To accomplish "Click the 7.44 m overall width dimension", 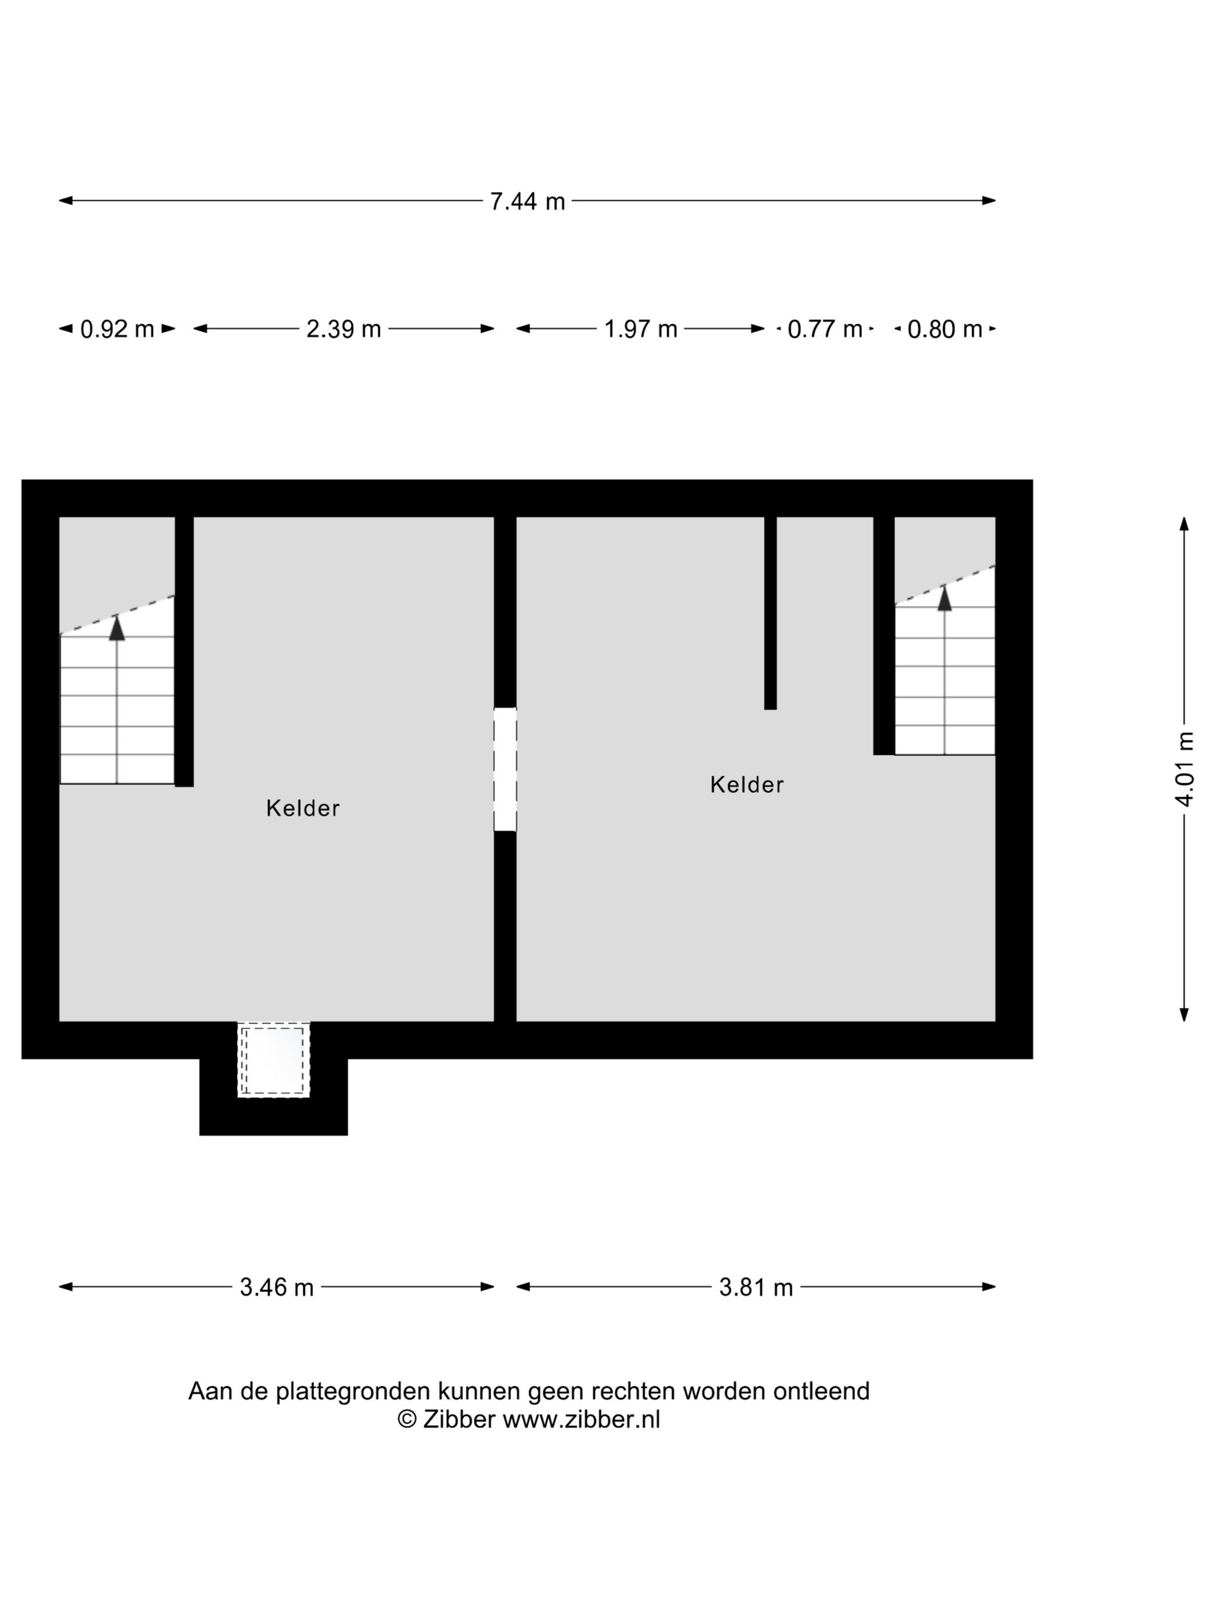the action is [x=527, y=201].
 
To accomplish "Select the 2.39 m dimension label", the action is [x=344, y=329].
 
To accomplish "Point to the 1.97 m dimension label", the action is [x=640, y=329].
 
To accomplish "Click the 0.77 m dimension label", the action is [x=824, y=329].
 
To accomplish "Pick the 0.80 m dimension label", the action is [x=945, y=329].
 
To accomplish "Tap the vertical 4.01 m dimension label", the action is [x=1184, y=769].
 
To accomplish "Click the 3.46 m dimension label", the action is [x=277, y=1287].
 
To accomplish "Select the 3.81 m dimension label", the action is [x=756, y=1287].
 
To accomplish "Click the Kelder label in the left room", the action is [x=303, y=808].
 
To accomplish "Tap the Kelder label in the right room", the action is [x=747, y=785].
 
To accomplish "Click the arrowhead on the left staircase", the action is [x=117, y=628].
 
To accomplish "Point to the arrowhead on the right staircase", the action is [x=945, y=598].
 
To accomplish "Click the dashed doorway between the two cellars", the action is [x=505, y=769].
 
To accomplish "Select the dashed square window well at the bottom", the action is [x=273, y=1060].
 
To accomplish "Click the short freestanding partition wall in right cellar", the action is [x=771, y=613].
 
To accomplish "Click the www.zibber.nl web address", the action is [x=581, y=1419].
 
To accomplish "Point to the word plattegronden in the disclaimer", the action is [x=354, y=1391].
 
